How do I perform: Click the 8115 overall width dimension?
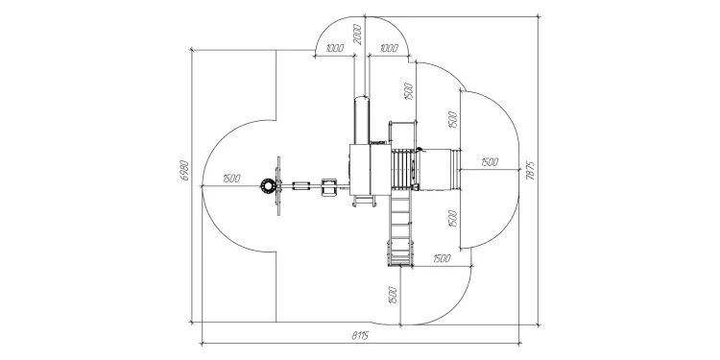point(360,336)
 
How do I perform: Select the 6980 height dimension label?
point(184,170)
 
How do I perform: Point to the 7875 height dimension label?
point(531,170)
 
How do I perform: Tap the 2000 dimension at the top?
point(358,34)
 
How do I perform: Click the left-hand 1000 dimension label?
point(335,48)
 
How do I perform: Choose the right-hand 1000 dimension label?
point(389,48)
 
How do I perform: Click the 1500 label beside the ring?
point(231,179)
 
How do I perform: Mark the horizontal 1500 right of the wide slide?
point(490,162)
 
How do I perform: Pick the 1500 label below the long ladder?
point(392,296)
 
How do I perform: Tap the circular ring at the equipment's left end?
point(267,186)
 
